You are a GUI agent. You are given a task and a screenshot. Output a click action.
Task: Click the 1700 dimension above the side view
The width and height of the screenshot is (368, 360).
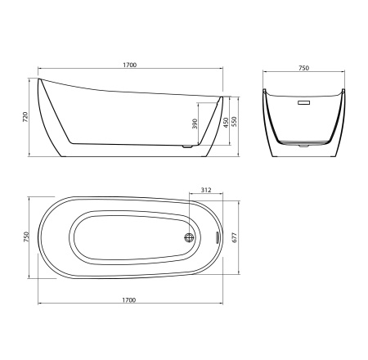[130, 65]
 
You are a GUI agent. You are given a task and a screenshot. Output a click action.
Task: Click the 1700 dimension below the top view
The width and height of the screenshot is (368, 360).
[128, 300]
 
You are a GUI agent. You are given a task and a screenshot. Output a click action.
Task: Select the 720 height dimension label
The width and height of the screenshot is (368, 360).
[25, 117]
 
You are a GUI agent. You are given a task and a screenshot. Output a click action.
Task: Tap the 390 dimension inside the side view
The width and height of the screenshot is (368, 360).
[195, 124]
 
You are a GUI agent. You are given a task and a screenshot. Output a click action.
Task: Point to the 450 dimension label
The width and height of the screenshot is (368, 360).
[226, 123]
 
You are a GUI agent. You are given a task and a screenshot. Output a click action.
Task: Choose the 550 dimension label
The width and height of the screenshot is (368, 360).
[235, 122]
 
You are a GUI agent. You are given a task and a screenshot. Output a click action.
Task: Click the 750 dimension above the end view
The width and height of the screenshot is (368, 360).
[303, 68]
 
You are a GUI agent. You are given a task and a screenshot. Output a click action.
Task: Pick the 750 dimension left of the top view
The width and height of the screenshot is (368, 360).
[26, 237]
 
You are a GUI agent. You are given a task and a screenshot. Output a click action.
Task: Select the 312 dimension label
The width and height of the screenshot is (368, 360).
[206, 190]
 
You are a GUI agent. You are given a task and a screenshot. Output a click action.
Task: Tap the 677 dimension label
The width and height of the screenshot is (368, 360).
[236, 237]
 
